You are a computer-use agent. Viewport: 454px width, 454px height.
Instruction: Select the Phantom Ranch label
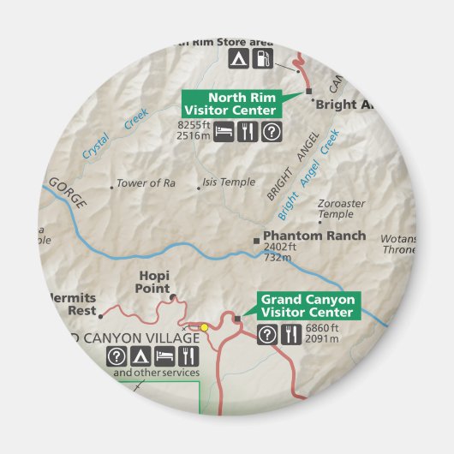314,236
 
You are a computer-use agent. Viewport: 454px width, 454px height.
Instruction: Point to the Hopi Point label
154,281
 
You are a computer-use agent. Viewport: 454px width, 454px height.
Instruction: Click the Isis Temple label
229,182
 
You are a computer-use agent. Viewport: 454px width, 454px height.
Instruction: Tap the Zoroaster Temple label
341,208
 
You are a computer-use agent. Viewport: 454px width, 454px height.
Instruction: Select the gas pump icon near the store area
265,59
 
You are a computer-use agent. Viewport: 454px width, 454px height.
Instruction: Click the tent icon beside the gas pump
238,59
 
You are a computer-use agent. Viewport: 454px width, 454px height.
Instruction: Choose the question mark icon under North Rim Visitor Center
270,131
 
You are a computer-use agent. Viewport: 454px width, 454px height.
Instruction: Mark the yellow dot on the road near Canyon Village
205,327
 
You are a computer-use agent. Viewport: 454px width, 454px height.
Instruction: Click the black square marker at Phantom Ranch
255,240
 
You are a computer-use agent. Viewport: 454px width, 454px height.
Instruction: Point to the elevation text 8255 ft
193,125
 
